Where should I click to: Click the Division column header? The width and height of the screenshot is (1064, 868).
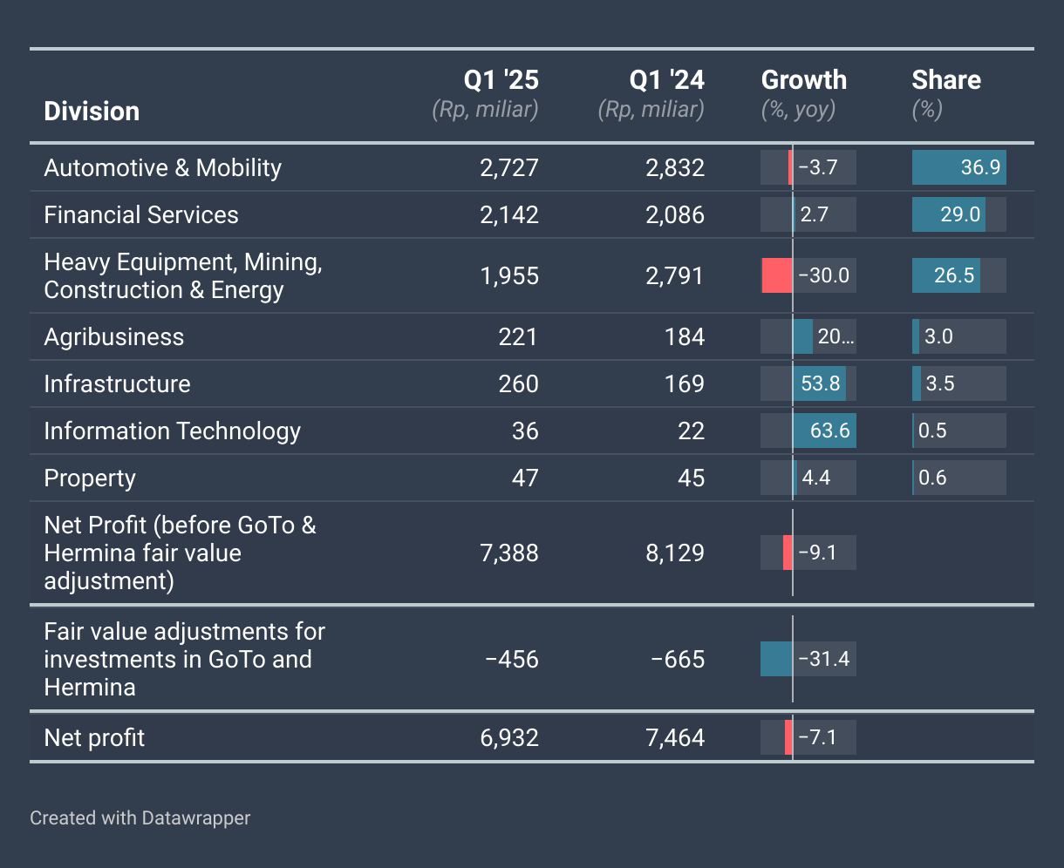pos(92,112)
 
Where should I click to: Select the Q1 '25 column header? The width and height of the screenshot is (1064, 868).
pos(501,80)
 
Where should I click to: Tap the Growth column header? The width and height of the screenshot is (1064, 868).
pos(803,80)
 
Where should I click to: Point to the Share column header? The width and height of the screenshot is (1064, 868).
pos(946,80)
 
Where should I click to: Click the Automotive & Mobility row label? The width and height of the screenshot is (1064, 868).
pos(162,168)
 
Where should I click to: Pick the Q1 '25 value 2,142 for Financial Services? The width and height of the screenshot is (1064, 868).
pos(509,215)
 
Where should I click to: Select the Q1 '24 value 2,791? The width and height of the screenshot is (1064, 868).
pos(675,276)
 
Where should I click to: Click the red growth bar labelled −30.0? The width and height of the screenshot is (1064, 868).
pos(777,276)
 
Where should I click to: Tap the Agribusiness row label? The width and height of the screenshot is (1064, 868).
pos(114,337)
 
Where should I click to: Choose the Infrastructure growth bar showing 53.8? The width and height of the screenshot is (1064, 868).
pos(819,383)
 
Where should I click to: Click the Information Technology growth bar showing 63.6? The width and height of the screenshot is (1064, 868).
pos(824,431)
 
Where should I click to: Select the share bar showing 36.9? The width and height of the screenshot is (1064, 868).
pos(958,167)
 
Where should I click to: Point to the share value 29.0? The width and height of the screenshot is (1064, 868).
pos(959,214)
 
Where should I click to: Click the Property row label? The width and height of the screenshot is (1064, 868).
pos(90,478)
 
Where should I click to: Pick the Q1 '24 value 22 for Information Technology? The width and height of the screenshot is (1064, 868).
pos(691,431)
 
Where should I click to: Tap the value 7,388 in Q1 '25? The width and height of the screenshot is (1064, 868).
pos(509,553)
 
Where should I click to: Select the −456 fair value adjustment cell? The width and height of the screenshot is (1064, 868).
pos(512,660)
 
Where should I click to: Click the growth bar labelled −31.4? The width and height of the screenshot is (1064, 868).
pos(776,659)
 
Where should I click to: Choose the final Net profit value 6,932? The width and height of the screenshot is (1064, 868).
pos(509,738)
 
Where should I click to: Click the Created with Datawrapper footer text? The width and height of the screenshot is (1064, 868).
pos(140,818)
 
